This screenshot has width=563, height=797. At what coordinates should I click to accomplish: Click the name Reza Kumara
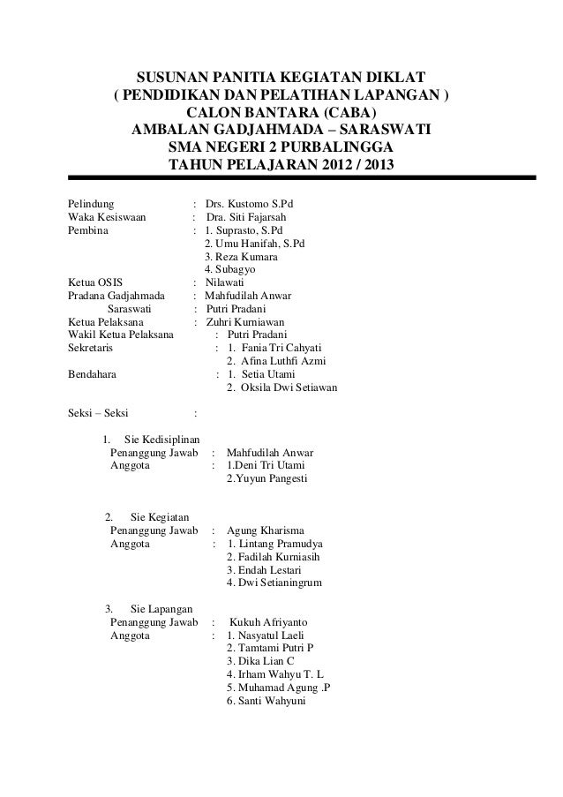tap(241, 257)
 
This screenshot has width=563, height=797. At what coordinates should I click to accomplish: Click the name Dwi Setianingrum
tap(274, 583)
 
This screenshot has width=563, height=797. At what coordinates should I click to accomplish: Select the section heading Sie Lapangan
tap(163, 609)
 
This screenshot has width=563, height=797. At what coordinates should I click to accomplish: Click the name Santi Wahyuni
tap(266, 702)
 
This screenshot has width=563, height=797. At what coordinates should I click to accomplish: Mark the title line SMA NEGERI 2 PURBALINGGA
tap(281, 147)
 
